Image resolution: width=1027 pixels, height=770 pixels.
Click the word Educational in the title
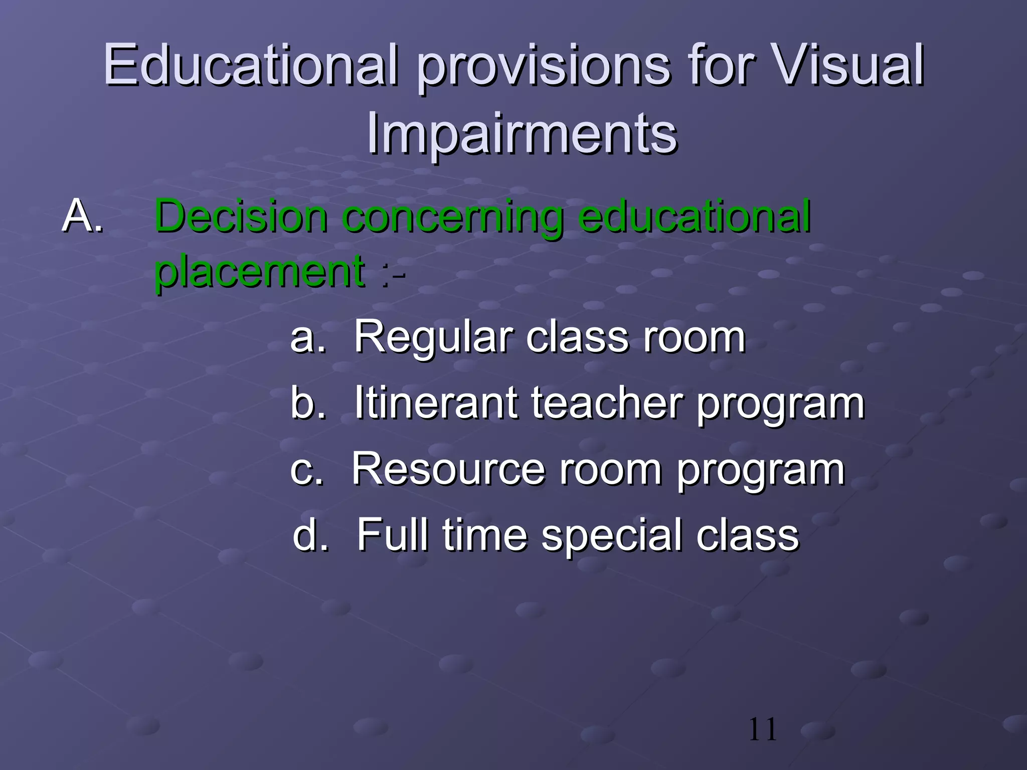[x=251, y=65]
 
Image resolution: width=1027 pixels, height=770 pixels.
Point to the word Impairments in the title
[x=522, y=133]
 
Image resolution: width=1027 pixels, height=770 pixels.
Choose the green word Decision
[x=241, y=217]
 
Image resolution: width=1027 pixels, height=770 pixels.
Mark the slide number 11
[x=762, y=729]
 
